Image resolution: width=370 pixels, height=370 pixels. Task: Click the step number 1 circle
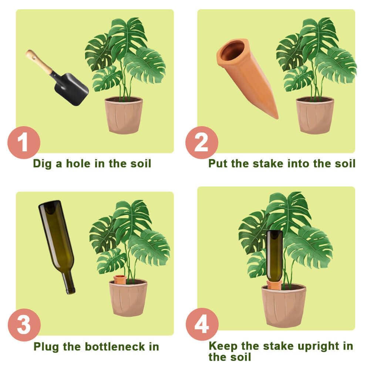(x=24, y=142)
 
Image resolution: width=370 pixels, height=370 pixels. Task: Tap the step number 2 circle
(x=202, y=142)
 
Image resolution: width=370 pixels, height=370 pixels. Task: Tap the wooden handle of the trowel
(x=39, y=62)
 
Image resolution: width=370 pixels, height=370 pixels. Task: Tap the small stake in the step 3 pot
(x=120, y=279)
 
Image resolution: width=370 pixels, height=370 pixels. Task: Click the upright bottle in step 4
(x=275, y=255)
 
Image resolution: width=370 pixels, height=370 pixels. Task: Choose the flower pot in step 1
(x=124, y=115)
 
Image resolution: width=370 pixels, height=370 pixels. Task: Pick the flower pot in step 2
(x=315, y=115)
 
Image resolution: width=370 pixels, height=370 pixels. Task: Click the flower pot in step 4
(x=284, y=305)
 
